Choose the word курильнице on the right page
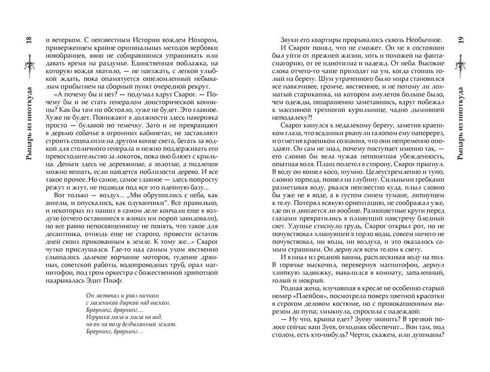(363, 112)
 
